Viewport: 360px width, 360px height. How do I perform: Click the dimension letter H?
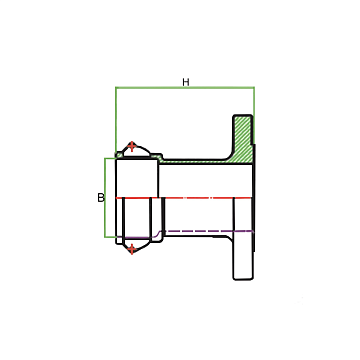[186, 82]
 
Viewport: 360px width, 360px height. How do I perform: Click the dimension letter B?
[101, 198]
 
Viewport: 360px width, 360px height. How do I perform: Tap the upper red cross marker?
[132, 146]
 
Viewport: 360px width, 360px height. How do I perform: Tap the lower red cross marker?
[132, 249]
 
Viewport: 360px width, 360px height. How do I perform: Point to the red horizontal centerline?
[183, 198]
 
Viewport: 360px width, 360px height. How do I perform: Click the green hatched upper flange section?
[243, 139]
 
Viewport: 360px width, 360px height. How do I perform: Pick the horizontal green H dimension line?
[185, 87]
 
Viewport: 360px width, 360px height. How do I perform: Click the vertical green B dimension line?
[105, 198]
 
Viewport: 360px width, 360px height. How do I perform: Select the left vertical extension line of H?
[116, 120]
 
